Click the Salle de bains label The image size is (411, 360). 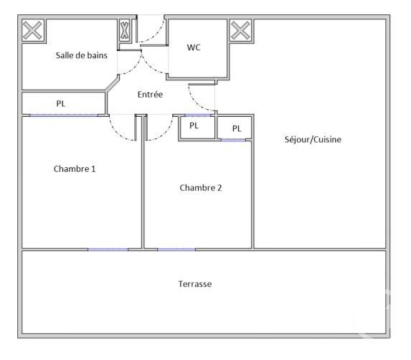81,55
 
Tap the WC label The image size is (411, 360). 194,47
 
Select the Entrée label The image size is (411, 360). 150,94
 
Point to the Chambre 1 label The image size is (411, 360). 75,169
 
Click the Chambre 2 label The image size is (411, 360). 201,188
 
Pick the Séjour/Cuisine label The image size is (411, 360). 313,139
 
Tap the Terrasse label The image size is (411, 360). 195,284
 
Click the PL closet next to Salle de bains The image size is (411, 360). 64,103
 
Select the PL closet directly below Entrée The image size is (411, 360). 197,128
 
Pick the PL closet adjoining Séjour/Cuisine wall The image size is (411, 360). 235,128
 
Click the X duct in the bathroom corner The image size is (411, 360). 32,31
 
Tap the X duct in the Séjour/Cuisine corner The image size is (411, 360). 240,30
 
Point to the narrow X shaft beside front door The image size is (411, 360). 125,30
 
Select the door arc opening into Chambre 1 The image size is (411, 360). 118,133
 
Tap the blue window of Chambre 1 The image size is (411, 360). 108,250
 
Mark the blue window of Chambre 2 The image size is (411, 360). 176,250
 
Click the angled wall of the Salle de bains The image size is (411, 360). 112,82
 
